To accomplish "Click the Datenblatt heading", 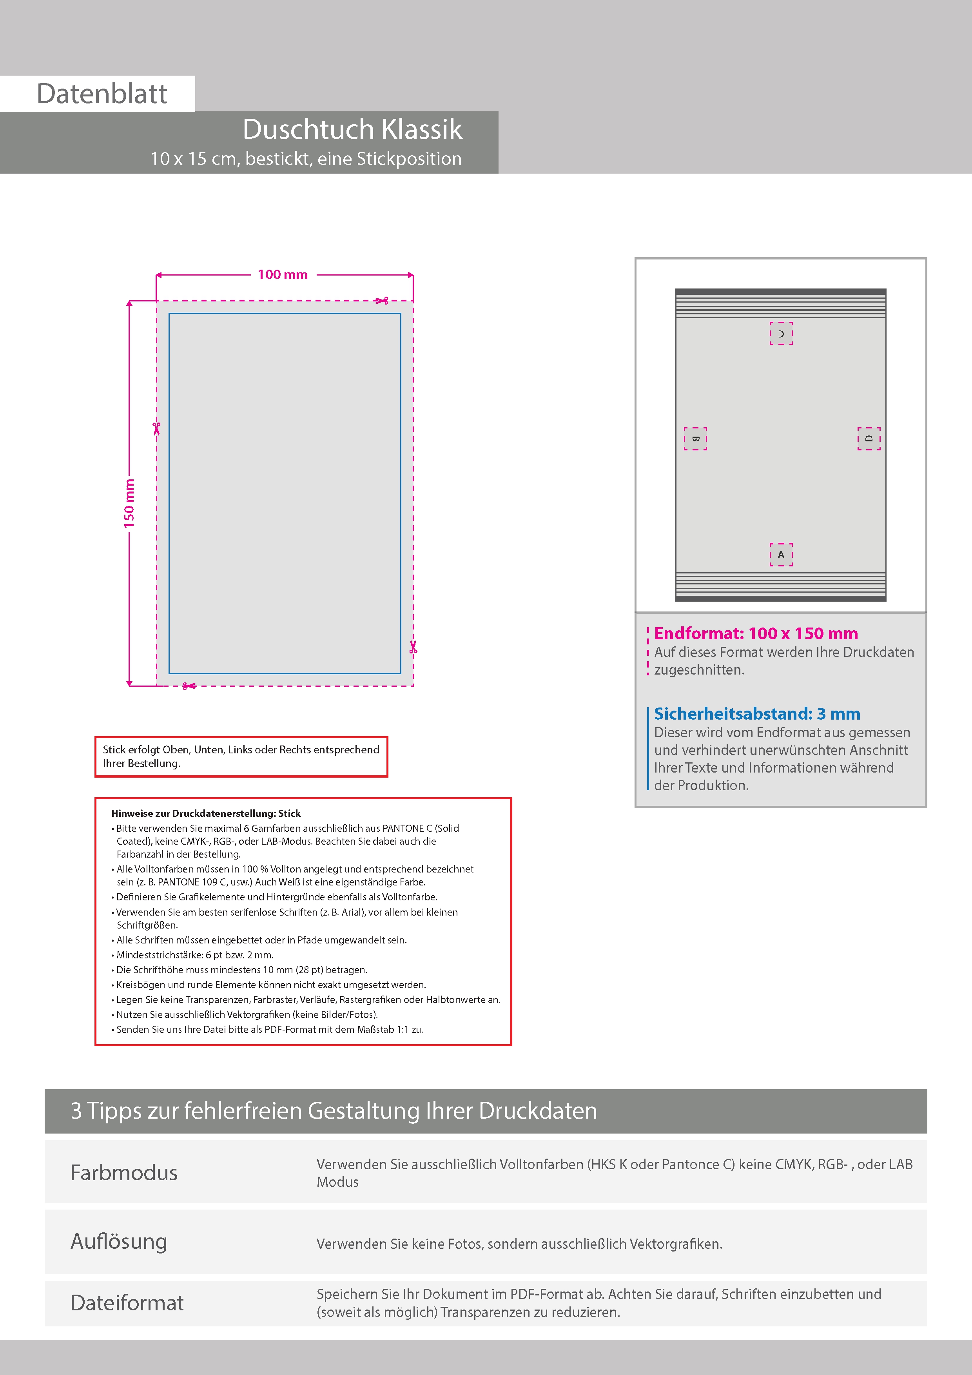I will click(x=102, y=94).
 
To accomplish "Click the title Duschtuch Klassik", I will click(x=352, y=129).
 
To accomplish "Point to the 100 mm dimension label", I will click(x=283, y=275).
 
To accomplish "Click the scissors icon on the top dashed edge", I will click(x=381, y=301).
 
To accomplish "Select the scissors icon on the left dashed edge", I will click(x=156, y=428).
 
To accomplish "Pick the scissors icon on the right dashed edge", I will click(x=413, y=647).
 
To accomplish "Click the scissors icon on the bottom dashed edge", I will click(x=189, y=686).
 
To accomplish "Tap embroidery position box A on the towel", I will click(x=781, y=555).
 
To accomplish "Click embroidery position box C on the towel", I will click(x=781, y=334).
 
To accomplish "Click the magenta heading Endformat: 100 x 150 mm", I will click(x=756, y=633).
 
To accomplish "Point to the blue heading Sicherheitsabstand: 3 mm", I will click(x=757, y=714).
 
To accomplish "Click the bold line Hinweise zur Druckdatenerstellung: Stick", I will click(x=206, y=813).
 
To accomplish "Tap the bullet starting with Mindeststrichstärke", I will click(x=195, y=954).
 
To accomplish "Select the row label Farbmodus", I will click(x=124, y=1173).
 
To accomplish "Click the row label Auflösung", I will click(x=119, y=1241).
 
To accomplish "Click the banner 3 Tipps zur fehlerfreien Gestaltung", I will click(x=334, y=1111).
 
